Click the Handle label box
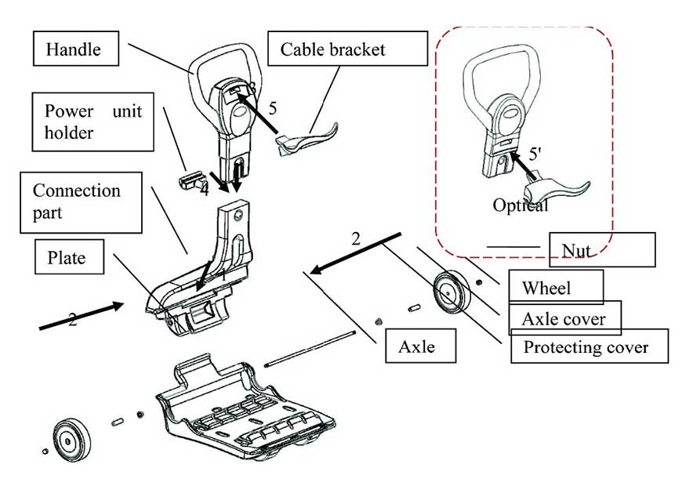pyautogui.click(x=74, y=49)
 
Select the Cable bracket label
pyautogui.click(x=332, y=49)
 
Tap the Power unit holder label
pyautogui.click(x=93, y=122)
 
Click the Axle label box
pyautogui.click(x=421, y=346)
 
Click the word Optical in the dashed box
pyautogui.click(x=520, y=205)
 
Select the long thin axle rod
pyautogui.click(x=313, y=350)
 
